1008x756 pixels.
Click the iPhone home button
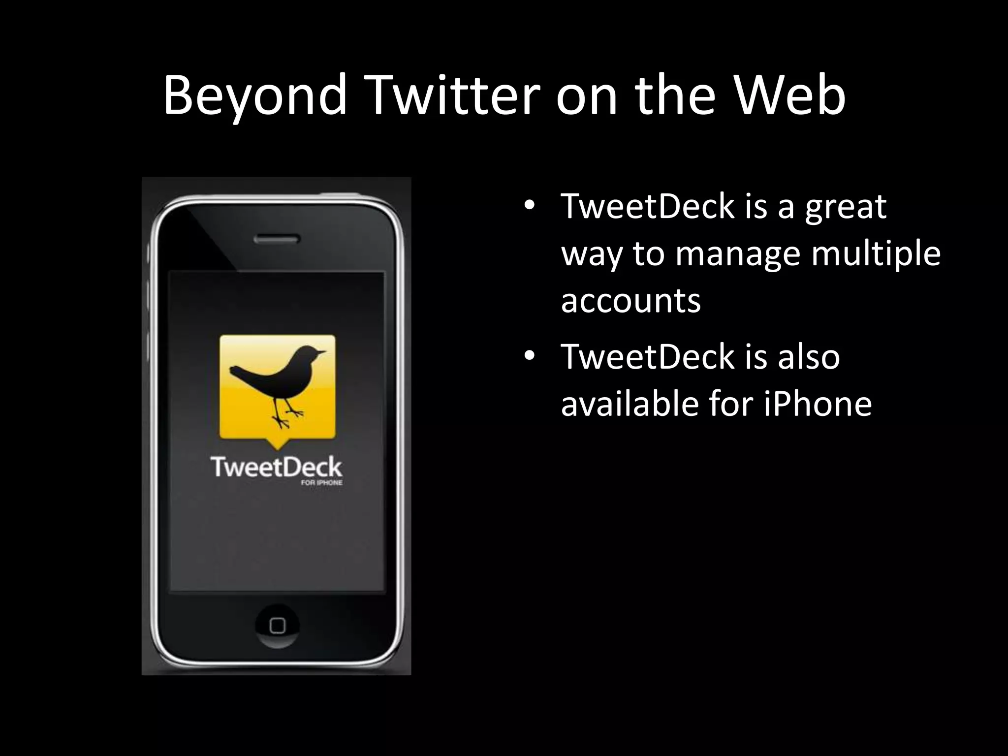pos(277,626)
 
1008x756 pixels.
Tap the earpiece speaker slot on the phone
pos(277,240)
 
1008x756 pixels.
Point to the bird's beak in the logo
pos(321,352)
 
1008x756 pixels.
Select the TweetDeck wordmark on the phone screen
pos(277,467)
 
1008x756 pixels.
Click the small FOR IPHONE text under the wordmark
pos(321,483)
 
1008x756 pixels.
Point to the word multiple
pos(876,254)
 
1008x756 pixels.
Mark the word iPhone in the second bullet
pos(818,404)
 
